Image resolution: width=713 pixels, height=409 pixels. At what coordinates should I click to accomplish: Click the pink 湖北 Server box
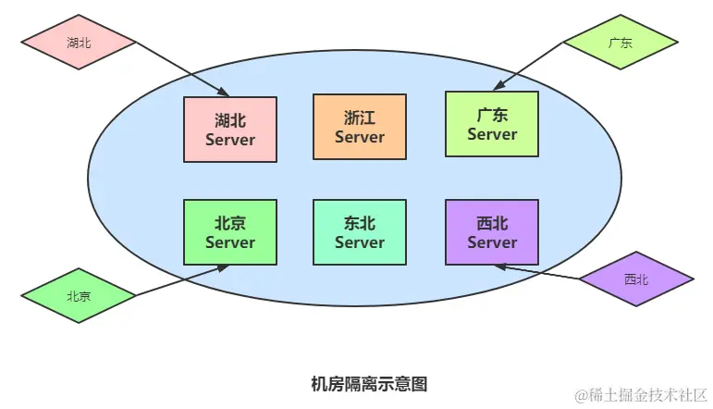[229, 130]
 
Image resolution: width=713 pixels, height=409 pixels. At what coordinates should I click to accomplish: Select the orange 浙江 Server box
[359, 127]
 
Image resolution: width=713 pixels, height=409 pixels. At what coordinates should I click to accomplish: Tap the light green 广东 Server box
[491, 124]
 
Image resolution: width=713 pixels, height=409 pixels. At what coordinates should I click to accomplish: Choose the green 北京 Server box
[229, 232]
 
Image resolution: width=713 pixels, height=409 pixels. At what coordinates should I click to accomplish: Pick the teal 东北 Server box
[359, 232]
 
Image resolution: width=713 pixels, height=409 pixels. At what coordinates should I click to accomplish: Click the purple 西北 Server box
[491, 232]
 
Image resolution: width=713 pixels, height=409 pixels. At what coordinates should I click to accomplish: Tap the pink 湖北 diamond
[79, 42]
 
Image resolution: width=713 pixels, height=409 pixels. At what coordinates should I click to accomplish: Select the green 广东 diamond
[621, 42]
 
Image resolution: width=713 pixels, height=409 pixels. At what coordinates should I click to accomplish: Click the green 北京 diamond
[79, 296]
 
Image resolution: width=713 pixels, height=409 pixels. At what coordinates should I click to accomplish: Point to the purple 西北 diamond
[635, 279]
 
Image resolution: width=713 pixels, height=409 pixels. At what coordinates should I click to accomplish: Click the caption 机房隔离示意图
[370, 383]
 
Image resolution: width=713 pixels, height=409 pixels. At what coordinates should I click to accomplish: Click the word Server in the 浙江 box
[359, 137]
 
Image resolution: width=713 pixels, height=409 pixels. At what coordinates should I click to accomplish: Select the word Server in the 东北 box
[359, 242]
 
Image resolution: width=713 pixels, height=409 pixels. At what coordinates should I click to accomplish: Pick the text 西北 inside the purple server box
[491, 223]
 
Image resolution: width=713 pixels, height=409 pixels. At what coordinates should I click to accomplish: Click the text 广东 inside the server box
[491, 115]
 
